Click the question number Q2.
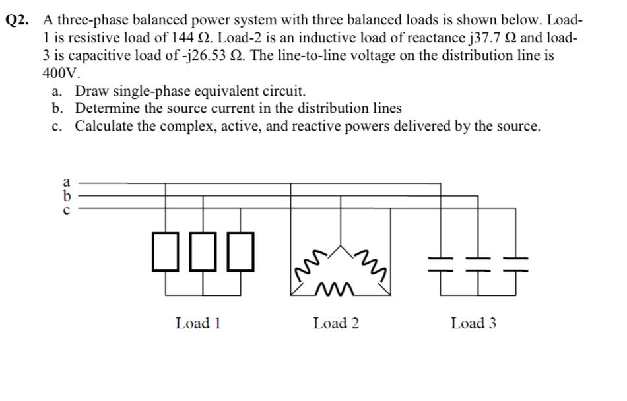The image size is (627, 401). pyautogui.click(x=19, y=20)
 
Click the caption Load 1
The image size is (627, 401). pyautogui.click(x=198, y=323)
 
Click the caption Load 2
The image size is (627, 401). pyautogui.click(x=336, y=323)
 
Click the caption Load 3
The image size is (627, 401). pyautogui.click(x=473, y=323)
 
